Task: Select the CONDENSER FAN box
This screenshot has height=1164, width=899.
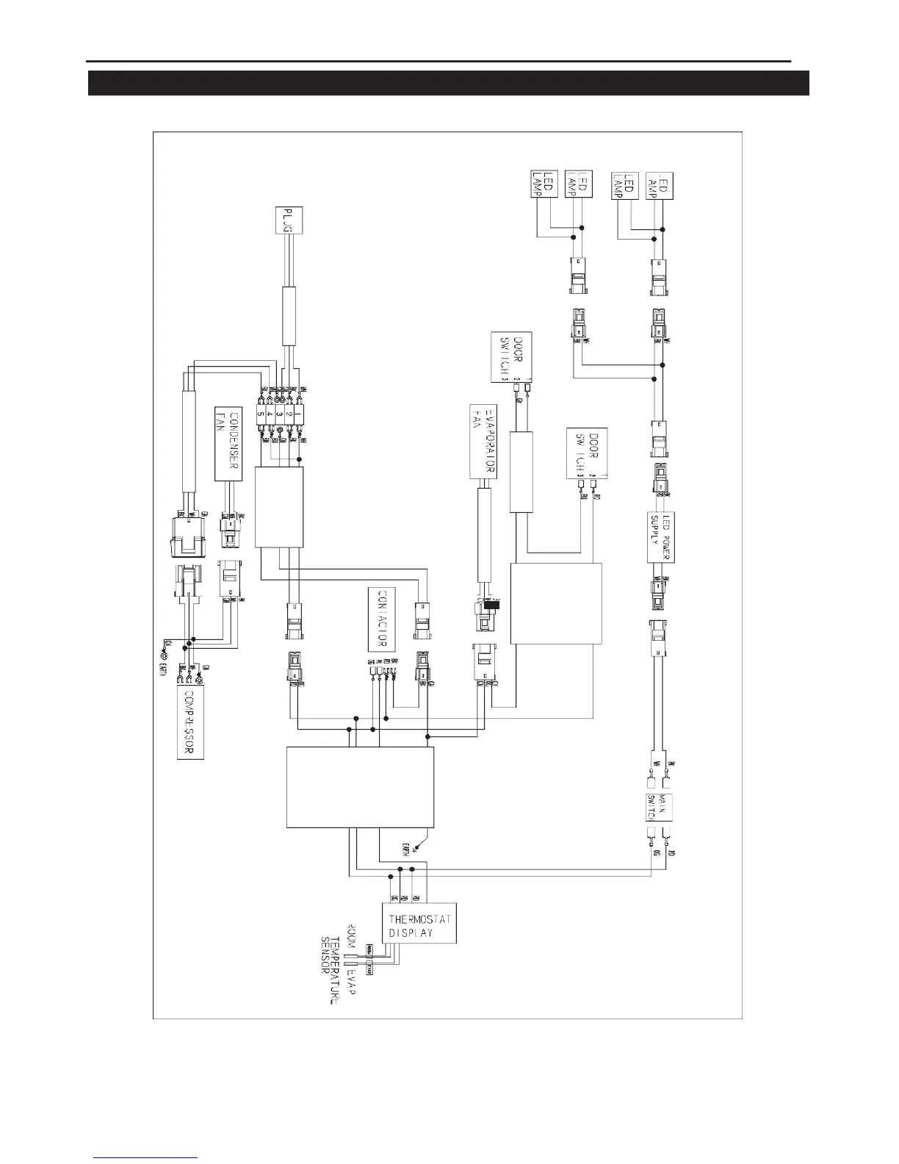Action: coord(229,445)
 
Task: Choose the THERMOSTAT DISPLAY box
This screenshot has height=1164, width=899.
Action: coord(419,921)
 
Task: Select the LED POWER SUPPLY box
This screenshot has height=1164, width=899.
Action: coord(661,536)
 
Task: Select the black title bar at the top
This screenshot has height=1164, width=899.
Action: coord(448,83)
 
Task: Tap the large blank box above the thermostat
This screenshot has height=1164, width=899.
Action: coord(359,785)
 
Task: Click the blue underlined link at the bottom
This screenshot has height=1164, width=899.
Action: coord(146,1158)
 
